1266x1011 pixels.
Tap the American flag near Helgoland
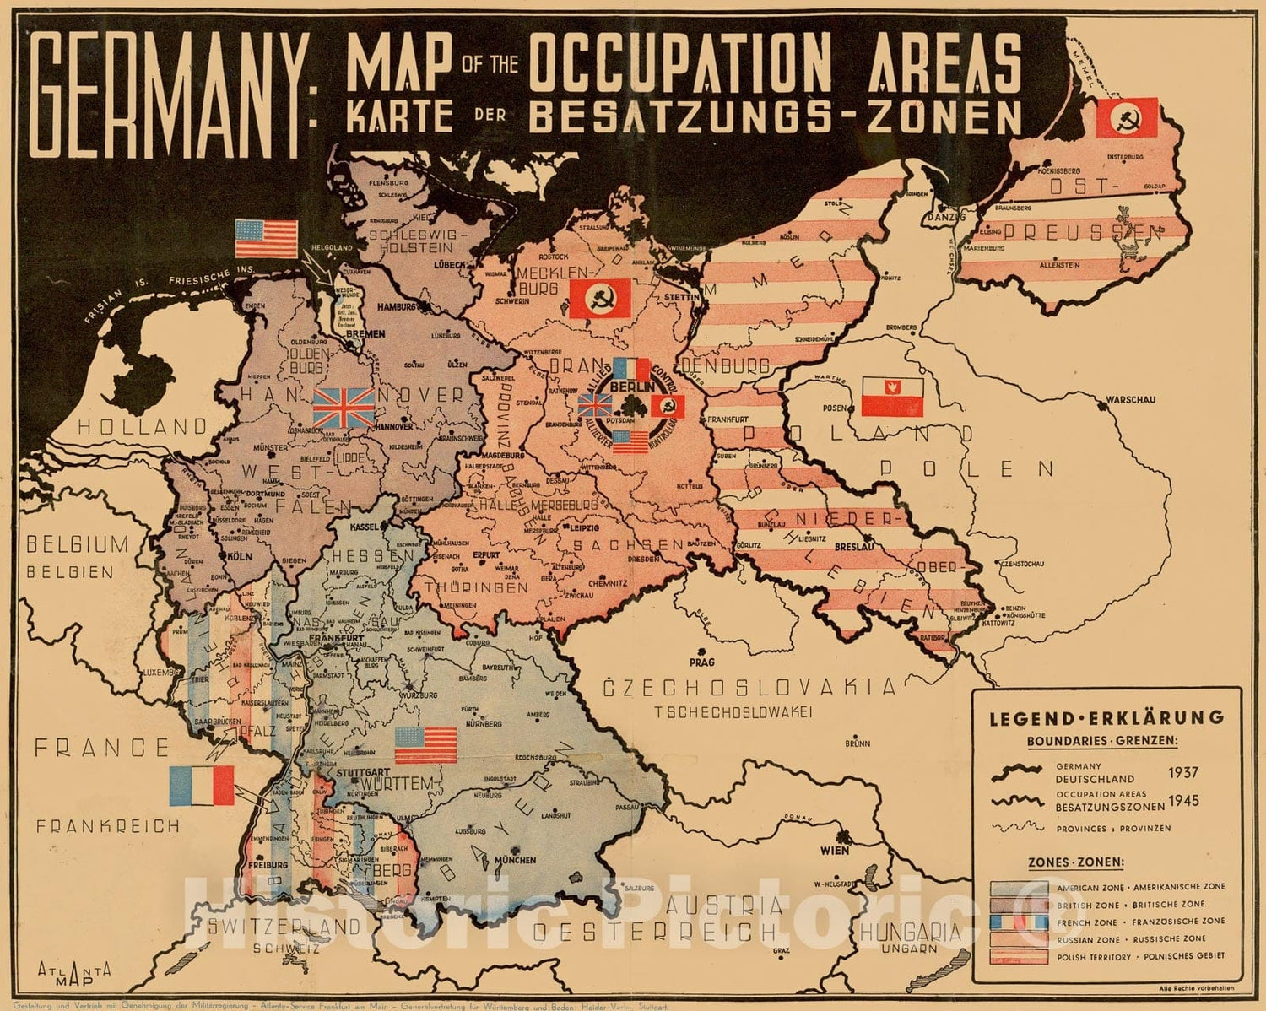[266, 238]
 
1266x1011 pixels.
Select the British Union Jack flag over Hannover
[344, 408]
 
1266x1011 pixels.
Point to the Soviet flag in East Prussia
[1127, 118]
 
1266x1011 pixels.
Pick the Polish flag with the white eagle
[893, 397]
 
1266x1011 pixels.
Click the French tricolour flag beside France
[202, 785]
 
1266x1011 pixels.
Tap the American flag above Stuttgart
[425, 744]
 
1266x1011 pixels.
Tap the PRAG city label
[701, 662]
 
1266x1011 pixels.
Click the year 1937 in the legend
[1183, 772]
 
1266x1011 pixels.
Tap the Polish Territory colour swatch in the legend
[1019, 957]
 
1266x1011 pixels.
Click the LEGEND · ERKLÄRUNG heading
[1106, 718]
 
